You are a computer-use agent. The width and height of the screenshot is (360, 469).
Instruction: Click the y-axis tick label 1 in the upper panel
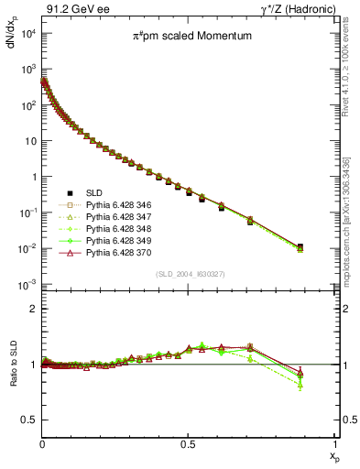(x=33, y=177)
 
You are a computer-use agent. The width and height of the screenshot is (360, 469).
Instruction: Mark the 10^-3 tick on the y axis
(x=27, y=284)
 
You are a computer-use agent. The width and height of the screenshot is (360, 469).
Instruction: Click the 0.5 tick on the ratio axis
(x=29, y=420)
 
